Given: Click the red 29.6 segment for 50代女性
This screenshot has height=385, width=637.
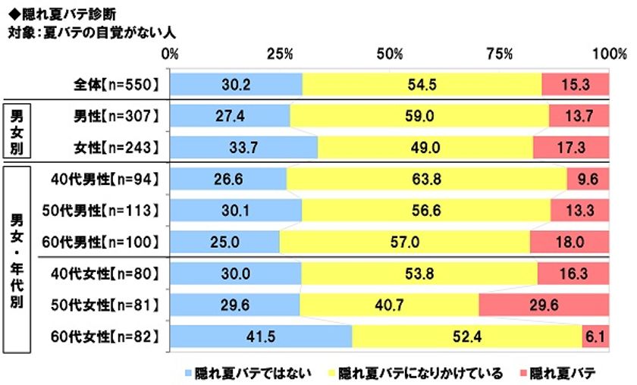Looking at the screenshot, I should (x=544, y=305).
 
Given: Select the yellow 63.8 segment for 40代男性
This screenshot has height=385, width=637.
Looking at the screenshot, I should (x=427, y=179).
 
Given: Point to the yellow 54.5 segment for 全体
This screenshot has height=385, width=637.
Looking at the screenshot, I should (x=422, y=84).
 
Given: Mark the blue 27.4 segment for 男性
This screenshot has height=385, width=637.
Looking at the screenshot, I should (x=230, y=116).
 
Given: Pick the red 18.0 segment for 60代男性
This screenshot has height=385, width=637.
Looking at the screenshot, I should (x=570, y=242).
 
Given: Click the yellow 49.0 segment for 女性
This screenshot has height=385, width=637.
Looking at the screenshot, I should (x=425, y=147).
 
